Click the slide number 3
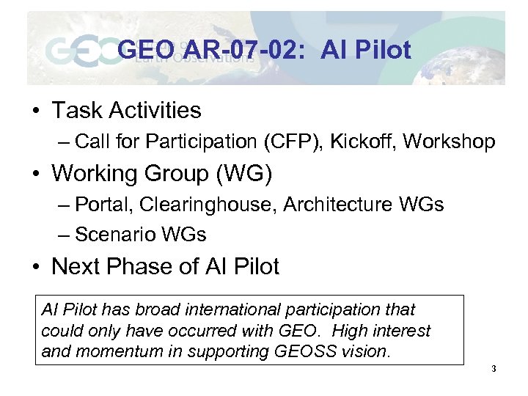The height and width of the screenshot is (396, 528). [x=494, y=369]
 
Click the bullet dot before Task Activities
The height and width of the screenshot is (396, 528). [x=35, y=111]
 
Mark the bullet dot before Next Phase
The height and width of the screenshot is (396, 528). [x=35, y=267]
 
